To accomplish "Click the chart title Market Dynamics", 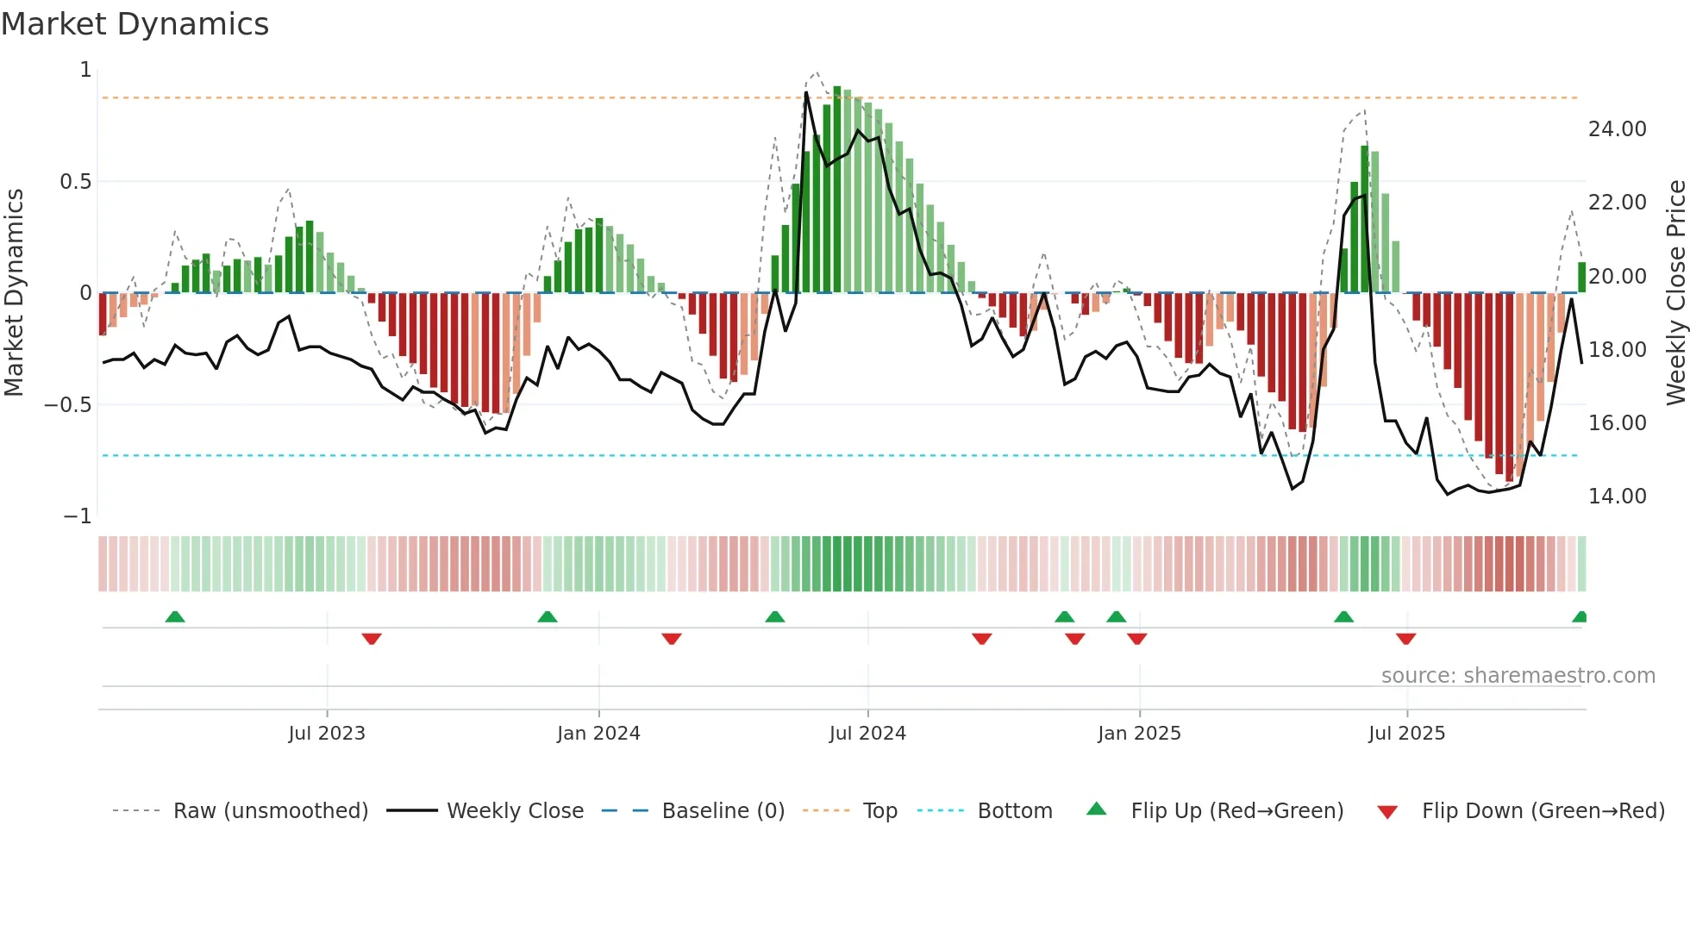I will pos(135,24).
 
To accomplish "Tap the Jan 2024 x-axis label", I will pos(598,734).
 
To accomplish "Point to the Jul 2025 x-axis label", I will pos(1406,734).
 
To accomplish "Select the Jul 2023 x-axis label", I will pos(327,734).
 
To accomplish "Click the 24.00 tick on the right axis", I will pos(1617,129).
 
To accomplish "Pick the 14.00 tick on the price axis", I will pos(1617,497).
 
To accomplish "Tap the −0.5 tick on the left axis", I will pos(67,405).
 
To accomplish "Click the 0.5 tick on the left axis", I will pos(75,182).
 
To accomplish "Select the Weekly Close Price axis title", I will pos(1675,292).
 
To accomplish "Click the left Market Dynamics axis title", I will pos(14,292).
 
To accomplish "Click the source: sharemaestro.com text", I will pos(1518,676).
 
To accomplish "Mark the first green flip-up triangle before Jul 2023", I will pos(175,616).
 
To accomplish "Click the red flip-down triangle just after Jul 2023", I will pos(372,639).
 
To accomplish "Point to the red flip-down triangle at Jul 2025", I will pos(1405,639).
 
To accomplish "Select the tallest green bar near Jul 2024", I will pos(836,190).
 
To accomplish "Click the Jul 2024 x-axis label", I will pos(867,734).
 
